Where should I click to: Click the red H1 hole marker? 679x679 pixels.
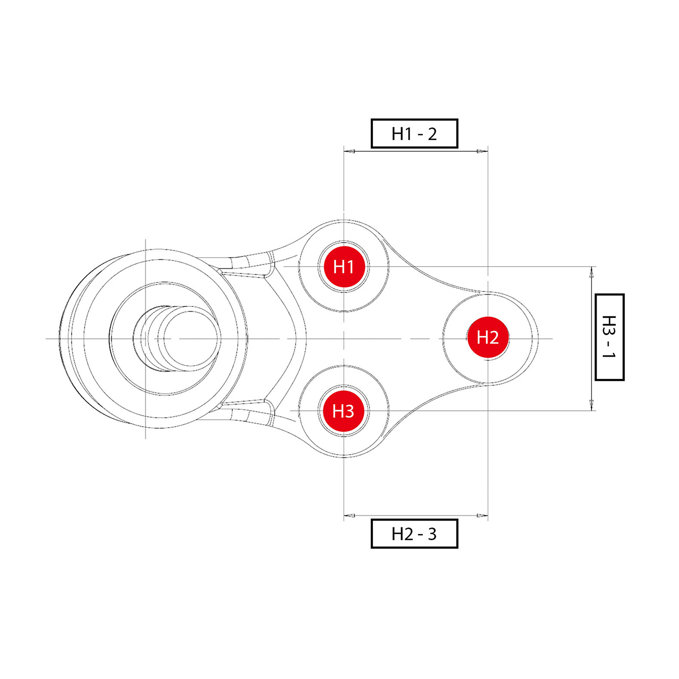[344, 267]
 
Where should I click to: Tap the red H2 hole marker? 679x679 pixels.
[488, 337]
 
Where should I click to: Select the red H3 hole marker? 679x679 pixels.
[344, 411]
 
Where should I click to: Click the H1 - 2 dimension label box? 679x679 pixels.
[414, 134]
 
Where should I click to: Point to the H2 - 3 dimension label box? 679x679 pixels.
[414, 534]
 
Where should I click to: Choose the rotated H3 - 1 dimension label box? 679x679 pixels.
[609, 337]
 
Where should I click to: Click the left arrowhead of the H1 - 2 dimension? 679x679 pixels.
[349, 151]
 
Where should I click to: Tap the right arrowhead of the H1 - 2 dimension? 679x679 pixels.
[483, 151]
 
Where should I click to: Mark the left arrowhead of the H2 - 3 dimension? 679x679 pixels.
[349, 515]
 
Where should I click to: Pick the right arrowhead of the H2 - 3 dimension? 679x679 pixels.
[483, 515]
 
